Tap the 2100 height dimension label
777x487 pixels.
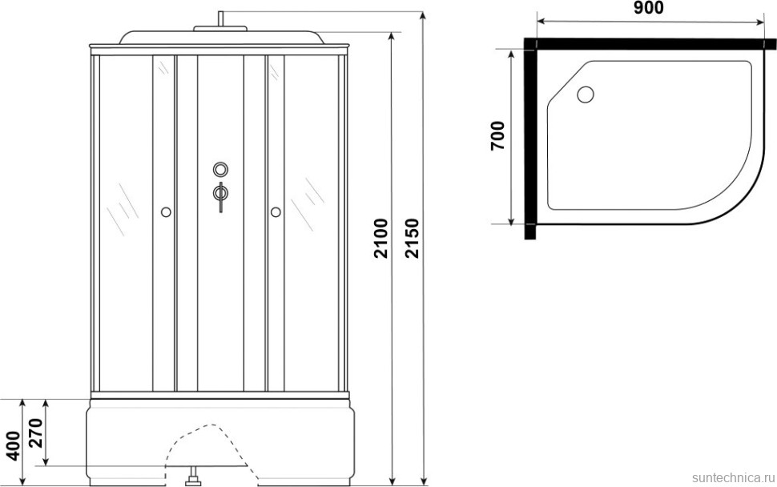click(380, 239)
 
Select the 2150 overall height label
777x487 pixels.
click(413, 239)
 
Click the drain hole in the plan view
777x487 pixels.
click(586, 95)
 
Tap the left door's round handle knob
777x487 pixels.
click(166, 212)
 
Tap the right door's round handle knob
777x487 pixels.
click(276, 212)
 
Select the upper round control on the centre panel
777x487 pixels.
click(220, 170)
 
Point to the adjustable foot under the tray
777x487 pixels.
click(191, 480)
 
